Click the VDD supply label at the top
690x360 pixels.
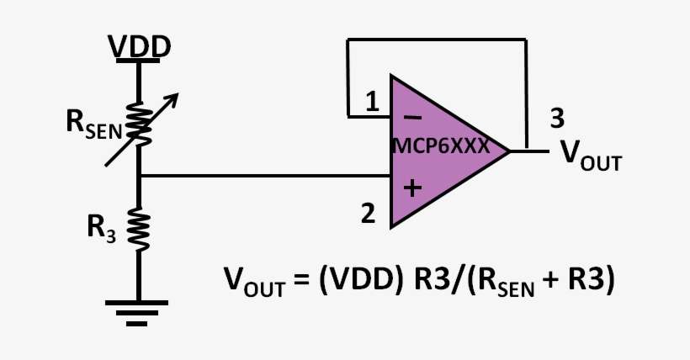click(141, 46)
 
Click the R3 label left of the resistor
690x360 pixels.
click(100, 226)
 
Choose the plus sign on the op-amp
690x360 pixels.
click(411, 188)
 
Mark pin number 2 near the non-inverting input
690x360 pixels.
click(368, 214)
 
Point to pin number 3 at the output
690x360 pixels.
click(556, 118)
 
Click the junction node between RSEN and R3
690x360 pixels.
click(139, 176)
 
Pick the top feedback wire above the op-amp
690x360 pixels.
click(438, 40)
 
